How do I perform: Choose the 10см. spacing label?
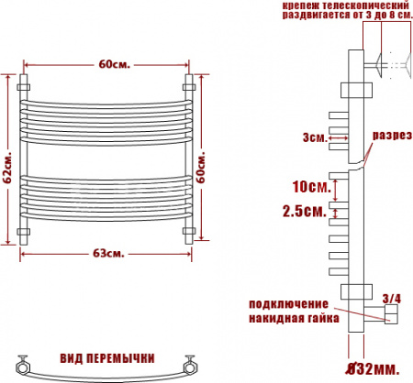click(x=307, y=186)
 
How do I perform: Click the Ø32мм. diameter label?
click(x=373, y=368)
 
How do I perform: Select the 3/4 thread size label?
click(x=390, y=298)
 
